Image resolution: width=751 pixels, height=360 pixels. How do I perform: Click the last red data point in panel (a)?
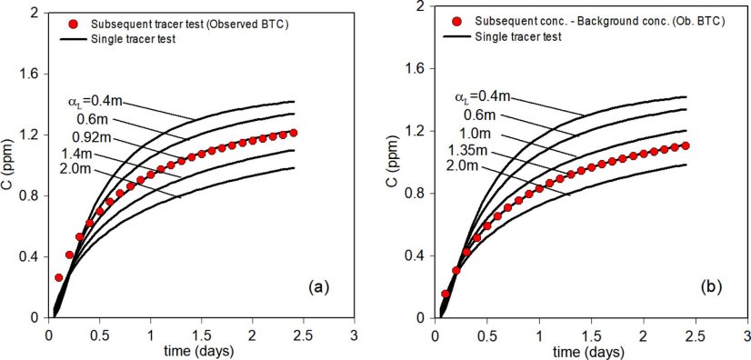294,133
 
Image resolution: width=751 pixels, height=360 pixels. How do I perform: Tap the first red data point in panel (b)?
446,294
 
